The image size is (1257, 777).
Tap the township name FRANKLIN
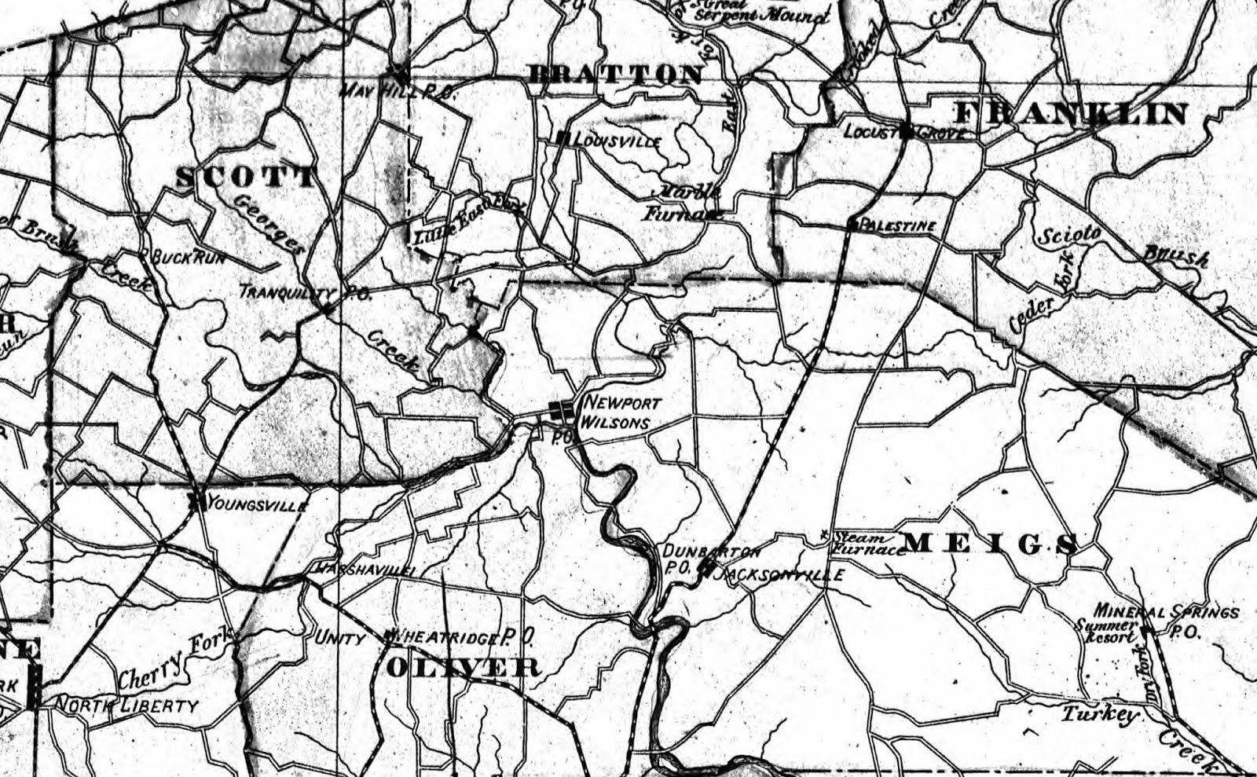(x=1072, y=115)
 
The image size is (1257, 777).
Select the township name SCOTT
(x=245, y=177)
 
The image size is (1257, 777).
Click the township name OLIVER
(x=464, y=668)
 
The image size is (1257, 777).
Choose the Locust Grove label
(x=903, y=131)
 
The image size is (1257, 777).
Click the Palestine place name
(x=898, y=226)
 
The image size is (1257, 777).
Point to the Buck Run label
(x=188, y=257)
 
